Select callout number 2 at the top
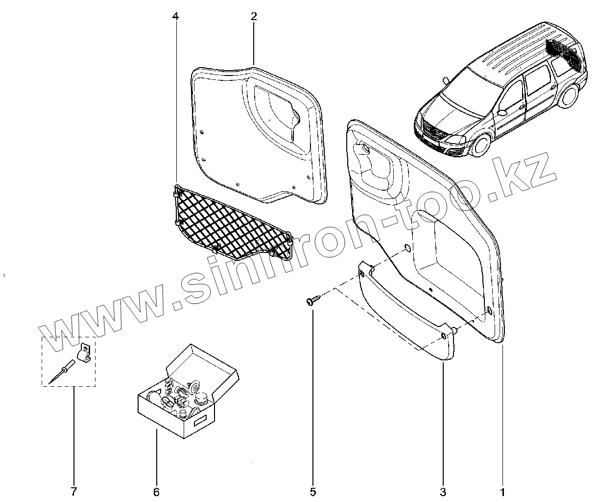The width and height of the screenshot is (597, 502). click(x=253, y=16)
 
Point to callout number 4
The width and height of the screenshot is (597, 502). click(x=176, y=16)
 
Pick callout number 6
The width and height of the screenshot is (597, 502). click(x=156, y=491)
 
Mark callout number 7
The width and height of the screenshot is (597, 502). click(x=74, y=491)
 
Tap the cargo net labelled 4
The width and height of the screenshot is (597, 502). click(x=230, y=223)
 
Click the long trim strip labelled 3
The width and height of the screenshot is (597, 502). click(x=406, y=314)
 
